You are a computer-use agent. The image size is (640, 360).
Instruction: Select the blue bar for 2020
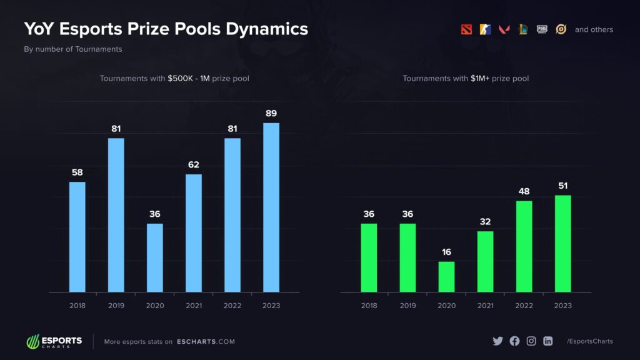click(154, 257)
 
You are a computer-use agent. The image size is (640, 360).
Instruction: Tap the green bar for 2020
click(446, 276)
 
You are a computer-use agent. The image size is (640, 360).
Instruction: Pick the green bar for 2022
click(524, 246)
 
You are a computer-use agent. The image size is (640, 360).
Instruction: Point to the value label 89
click(271, 114)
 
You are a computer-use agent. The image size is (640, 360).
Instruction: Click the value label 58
click(77, 172)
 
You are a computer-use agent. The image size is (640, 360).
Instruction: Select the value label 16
click(446, 252)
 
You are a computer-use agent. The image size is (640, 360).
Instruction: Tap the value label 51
click(562, 186)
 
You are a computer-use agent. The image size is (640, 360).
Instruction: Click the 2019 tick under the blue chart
click(116, 306)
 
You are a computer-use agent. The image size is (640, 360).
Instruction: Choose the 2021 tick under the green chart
click(485, 306)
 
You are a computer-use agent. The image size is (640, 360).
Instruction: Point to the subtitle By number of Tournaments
click(72, 49)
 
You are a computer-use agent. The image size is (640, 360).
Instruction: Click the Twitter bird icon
click(497, 341)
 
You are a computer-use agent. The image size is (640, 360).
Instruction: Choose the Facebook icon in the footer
click(514, 341)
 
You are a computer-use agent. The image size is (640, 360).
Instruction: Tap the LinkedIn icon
click(548, 341)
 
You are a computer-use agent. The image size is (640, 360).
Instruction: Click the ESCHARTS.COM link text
click(206, 342)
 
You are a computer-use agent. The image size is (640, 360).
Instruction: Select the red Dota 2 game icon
click(466, 29)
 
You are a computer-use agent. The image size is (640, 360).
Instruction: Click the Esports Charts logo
click(54, 341)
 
